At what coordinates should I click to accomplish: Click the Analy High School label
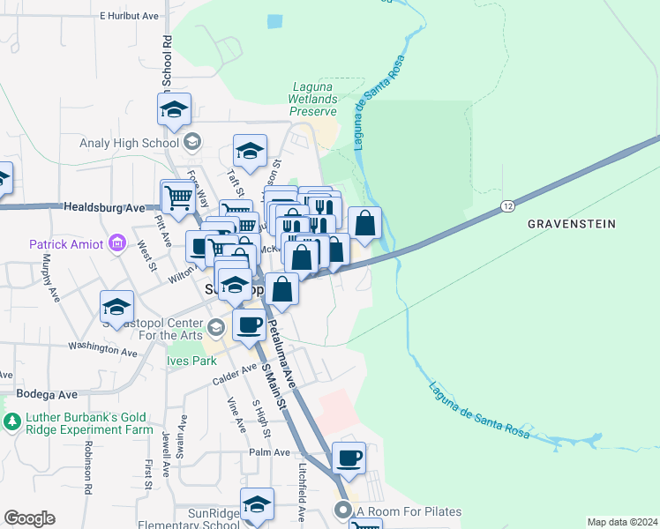tap(130, 143)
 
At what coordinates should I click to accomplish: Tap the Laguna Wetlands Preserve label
tap(314, 100)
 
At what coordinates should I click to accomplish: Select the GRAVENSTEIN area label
tap(571, 224)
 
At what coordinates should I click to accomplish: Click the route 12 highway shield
tap(506, 206)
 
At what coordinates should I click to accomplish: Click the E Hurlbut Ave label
tap(128, 16)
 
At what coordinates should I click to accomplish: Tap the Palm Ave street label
tap(269, 452)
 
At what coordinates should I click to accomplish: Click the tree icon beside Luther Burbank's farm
tap(11, 422)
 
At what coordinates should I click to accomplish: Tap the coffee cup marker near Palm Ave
tap(349, 458)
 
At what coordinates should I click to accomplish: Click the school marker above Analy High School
tap(175, 110)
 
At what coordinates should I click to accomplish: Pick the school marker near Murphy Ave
tap(116, 307)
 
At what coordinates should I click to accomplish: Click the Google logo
tap(29, 518)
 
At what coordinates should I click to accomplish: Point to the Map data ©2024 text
tap(623, 522)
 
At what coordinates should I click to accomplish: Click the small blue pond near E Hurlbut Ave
tap(274, 21)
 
